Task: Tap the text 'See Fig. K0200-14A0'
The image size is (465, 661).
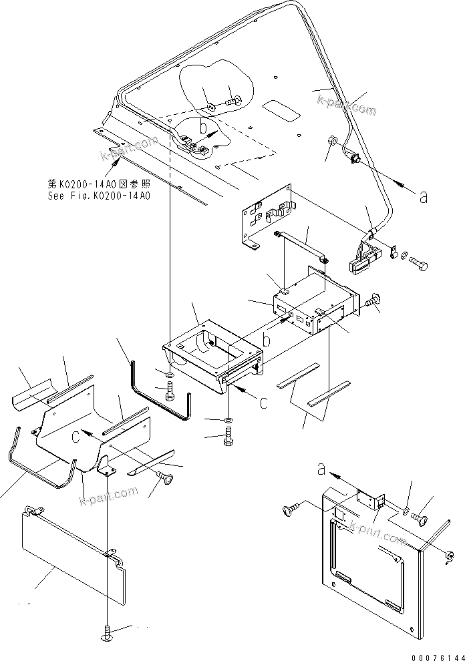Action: coord(99,196)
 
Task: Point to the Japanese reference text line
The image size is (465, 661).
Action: coord(99,184)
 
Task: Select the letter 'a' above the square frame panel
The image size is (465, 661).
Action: coord(323,470)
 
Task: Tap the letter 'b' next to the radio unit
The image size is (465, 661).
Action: coord(266,341)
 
